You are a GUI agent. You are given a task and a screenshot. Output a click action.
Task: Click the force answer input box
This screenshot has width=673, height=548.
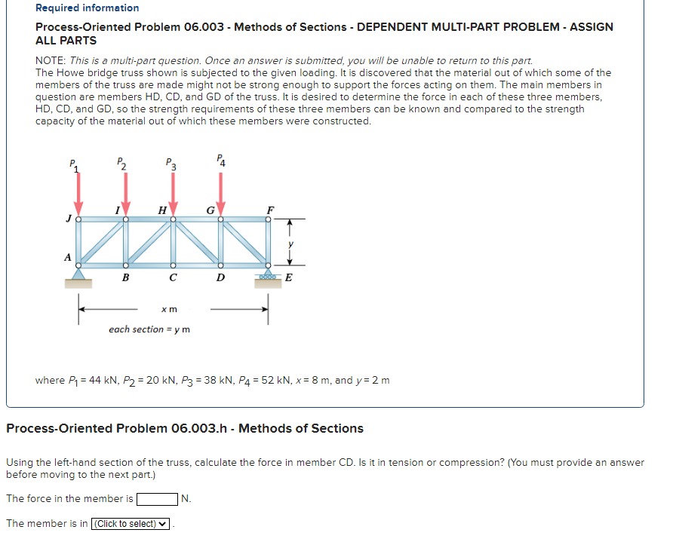coord(156,498)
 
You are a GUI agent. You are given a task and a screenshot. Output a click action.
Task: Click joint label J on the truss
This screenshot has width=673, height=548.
coord(68,219)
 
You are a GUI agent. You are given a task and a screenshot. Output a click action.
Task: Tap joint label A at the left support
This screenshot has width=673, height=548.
coord(67,257)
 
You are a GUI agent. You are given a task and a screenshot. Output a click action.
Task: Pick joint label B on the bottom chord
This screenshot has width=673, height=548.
coord(125,277)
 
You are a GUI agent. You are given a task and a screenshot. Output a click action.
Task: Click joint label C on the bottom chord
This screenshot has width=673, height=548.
coord(173,277)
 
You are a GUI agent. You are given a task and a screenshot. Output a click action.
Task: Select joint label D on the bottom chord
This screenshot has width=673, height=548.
coord(220,277)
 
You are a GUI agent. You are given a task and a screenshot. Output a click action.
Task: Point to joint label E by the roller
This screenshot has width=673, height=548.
coord(287,277)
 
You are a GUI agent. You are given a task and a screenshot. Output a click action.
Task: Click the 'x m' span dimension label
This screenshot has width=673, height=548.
coord(170,309)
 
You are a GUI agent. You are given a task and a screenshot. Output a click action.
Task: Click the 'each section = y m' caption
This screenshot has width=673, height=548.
coord(149,329)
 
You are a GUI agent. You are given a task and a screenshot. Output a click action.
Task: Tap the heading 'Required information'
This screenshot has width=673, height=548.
coord(88,8)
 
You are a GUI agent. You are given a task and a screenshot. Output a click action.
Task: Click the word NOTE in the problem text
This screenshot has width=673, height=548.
coord(50,60)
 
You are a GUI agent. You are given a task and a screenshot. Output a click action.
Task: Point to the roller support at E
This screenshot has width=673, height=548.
coord(267,277)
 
